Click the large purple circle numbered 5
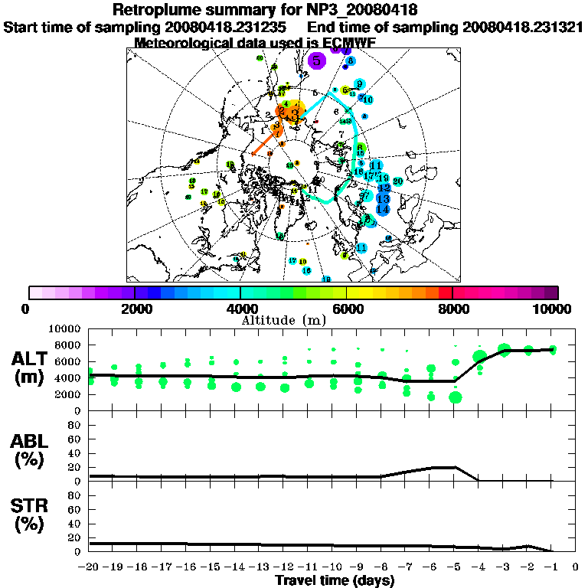(x=316, y=60)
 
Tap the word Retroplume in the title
(x=157, y=10)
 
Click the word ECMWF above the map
(x=346, y=43)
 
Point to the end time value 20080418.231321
(x=522, y=27)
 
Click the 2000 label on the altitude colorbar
(x=135, y=309)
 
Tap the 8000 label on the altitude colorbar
(x=452, y=309)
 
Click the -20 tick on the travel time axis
(x=90, y=567)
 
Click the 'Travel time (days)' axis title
(x=335, y=581)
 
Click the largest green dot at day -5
(x=456, y=397)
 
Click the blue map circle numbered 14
(x=384, y=209)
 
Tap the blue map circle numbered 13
(x=384, y=198)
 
